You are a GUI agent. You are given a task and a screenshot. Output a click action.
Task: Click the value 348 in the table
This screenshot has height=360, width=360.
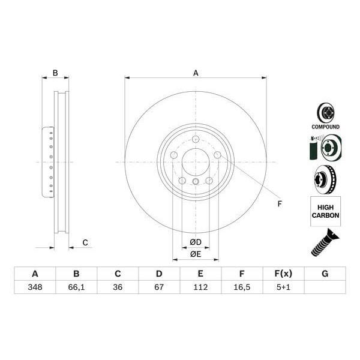click(35, 287)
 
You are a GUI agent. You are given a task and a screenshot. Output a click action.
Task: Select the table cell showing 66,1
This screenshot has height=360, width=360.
click(76, 287)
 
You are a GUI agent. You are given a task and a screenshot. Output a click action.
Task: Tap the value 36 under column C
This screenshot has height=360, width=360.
click(118, 287)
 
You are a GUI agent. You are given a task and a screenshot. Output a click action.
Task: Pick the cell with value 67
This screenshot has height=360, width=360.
click(159, 287)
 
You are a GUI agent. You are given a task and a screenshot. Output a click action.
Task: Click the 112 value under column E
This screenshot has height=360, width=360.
click(200, 287)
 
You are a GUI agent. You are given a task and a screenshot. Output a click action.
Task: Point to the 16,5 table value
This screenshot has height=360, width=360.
click(242, 287)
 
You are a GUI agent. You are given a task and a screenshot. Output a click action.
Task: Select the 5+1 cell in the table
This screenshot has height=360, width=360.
click(283, 287)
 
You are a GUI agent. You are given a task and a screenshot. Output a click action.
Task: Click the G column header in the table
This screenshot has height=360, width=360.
click(325, 274)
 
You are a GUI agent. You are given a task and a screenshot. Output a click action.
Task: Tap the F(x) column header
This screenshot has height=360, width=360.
click(283, 274)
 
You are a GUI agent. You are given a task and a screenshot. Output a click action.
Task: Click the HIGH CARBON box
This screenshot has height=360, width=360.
click(325, 211)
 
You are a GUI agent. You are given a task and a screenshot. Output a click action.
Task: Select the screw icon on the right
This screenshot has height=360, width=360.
click(325, 242)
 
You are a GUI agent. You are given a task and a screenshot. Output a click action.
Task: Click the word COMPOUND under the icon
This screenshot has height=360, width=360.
click(325, 127)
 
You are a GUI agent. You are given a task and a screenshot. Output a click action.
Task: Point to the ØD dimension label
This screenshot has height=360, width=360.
click(196, 242)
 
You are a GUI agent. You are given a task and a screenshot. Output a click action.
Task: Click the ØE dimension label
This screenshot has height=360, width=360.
click(196, 254)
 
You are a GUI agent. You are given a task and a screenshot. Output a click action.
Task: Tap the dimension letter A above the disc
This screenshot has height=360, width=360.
click(196, 73)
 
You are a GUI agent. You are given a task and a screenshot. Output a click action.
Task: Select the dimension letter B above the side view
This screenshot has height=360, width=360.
click(55, 73)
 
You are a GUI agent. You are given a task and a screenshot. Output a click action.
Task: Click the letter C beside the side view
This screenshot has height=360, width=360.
click(85, 242)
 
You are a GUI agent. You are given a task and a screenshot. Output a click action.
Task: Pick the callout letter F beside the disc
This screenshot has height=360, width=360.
click(279, 204)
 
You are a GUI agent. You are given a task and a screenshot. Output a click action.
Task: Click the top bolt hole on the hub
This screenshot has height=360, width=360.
click(196, 140)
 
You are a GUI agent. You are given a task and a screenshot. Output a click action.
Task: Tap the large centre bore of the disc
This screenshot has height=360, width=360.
click(196, 162)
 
